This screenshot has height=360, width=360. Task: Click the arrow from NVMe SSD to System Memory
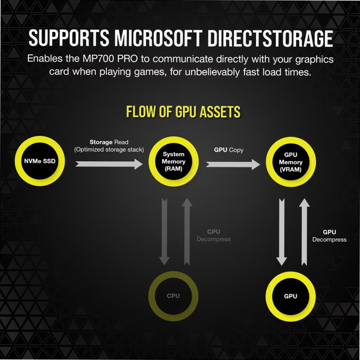[109, 164]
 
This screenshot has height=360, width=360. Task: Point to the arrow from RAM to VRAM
[233, 164]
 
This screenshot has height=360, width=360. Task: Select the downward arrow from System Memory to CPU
[164, 232]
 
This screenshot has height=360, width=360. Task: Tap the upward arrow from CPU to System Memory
[187, 232]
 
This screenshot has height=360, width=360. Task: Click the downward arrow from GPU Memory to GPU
[282, 232]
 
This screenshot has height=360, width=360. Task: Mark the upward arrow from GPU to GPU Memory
[305, 232]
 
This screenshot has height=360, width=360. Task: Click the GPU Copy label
[229, 150]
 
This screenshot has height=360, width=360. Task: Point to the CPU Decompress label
[214, 235]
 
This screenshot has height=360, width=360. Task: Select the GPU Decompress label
[329, 236]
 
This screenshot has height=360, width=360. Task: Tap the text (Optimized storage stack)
[109, 150]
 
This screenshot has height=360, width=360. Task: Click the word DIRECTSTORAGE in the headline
[270, 38]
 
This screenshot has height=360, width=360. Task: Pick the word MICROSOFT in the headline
[158, 38]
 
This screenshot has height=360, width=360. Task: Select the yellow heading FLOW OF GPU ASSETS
[183, 112]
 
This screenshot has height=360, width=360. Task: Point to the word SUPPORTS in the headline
[69, 38]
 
